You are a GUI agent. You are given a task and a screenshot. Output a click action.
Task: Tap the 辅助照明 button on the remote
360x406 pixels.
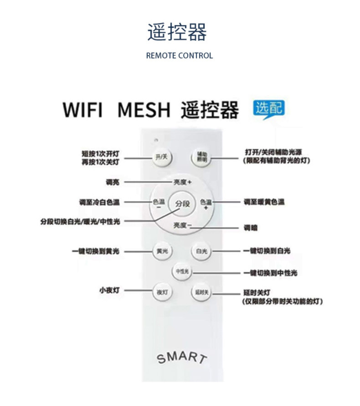pos(201,158)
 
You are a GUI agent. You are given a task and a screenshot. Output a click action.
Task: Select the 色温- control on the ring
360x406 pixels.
pos(159,204)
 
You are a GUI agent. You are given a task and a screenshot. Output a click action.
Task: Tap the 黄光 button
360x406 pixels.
pos(162,251)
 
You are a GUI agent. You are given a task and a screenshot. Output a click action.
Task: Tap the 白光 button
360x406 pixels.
pos(201,251)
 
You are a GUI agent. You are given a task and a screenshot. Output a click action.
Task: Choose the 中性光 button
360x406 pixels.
pos(182,272)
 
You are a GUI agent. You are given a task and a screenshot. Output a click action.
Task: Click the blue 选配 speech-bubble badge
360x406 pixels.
pos(268,109)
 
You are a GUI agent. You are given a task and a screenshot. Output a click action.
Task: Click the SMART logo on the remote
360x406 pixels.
pos(181,357)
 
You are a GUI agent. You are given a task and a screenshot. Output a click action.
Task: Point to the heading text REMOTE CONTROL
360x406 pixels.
pos(180,56)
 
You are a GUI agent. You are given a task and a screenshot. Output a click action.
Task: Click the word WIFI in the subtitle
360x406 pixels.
pos(82,110)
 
